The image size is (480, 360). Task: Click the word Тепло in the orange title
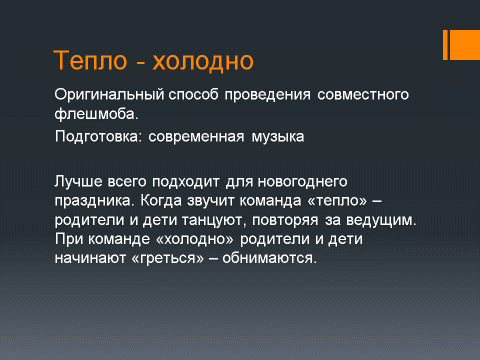click(x=90, y=60)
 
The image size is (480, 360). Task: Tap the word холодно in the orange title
click(x=203, y=61)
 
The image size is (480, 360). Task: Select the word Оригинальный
click(x=109, y=95)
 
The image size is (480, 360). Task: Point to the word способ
click(x=193, y=94)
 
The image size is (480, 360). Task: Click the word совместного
click(x=363, y=95)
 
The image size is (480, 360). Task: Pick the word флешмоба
click(x=96, y=114)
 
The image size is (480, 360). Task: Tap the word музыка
click(x=278, y=137)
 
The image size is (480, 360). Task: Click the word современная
click(x=196, y=137)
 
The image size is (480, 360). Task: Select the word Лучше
click(x=78, y=182)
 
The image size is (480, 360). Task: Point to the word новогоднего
click(x=303, y=182)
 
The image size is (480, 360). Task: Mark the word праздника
click(x=94, y=201)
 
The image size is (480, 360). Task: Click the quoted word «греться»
click(x=168, y=258)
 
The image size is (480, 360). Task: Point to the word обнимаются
click(x=270, y=258)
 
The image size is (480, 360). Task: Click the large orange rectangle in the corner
click(x=465, y=45)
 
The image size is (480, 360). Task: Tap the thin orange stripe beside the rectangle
click(x=445, y=45)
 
